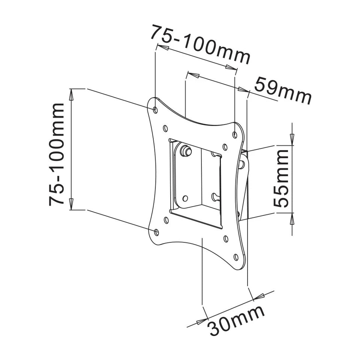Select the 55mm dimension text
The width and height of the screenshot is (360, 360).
[x=281, y=178]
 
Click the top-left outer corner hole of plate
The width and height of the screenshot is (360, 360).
[x=156, y=109]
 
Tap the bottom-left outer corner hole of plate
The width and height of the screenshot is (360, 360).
[x=157, y=232]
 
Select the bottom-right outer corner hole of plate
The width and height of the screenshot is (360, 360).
[x=236, y=257]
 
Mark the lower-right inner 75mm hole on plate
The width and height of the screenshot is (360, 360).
[x=226, y=238]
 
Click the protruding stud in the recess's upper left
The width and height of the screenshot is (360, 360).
[x=185, y=151]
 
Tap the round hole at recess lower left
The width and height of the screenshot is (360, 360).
[x=185, y=198]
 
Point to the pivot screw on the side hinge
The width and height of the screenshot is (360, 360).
[x=241, y=164]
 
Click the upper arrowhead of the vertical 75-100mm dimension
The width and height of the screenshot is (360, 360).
[x=71, y=95]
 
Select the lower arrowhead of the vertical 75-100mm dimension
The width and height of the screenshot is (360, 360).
[x=71, y=204]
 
